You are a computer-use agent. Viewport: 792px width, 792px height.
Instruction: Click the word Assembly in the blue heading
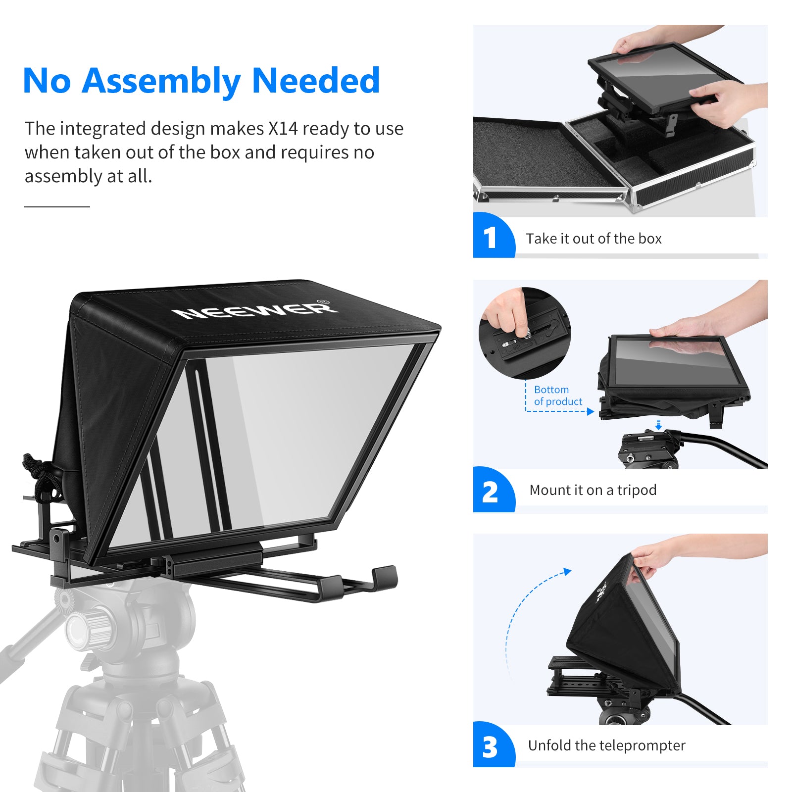[161, 81]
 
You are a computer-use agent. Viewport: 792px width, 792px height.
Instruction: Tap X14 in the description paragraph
[283, 129]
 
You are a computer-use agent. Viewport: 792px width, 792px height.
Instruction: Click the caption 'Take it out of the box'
[594, 239]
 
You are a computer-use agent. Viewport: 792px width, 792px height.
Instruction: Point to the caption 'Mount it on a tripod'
[593, 490]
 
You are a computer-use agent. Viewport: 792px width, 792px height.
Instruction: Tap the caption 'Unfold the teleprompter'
[606, 745]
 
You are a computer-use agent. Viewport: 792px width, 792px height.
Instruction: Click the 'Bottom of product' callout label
[558, 396]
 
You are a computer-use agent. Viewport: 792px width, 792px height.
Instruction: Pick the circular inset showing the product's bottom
[525, 333]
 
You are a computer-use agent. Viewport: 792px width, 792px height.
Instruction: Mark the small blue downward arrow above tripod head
[658, 424]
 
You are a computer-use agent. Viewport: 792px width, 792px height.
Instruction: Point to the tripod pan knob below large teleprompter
[84, 626]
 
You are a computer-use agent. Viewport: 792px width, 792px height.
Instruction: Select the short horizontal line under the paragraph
[57, 206]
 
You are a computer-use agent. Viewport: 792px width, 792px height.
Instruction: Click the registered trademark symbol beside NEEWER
[322, 301]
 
